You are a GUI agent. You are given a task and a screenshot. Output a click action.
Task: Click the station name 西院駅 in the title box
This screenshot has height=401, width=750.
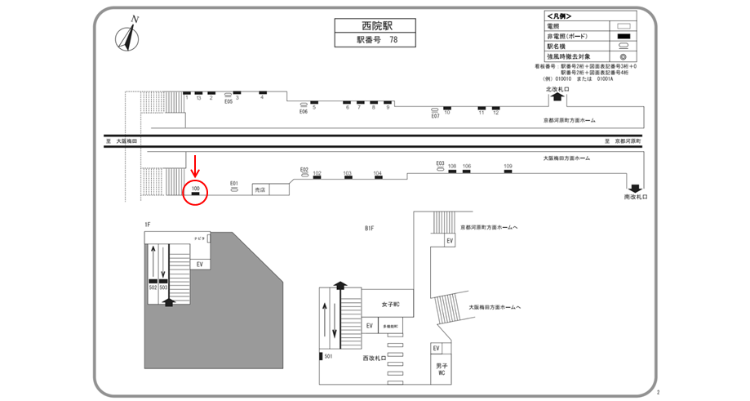point(370,25)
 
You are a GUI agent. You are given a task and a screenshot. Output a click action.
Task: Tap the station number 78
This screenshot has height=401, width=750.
point(393,39)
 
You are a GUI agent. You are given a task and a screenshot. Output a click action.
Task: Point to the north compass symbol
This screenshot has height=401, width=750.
point(128,36)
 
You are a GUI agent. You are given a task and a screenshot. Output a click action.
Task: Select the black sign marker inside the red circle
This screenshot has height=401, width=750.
point(196,194)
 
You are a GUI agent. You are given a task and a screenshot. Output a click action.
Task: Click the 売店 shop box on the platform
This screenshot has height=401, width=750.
point(260,189)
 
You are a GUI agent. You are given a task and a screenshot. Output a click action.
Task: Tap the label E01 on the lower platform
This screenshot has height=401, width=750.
point(233,183)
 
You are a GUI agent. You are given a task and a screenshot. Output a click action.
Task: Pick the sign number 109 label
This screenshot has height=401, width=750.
point(508,167)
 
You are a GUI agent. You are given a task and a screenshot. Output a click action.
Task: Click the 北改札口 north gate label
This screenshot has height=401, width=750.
point(557,88)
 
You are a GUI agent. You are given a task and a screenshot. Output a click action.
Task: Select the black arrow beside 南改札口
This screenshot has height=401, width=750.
point(635,187)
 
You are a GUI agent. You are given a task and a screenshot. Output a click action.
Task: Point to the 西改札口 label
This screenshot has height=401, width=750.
point(375,358)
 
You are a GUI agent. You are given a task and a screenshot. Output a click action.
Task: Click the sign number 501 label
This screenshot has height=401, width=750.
point(329,356)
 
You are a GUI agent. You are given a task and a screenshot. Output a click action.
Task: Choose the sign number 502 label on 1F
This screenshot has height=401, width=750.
point(153,287)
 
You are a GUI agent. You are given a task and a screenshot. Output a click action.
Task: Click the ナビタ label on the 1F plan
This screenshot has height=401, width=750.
point(198,238)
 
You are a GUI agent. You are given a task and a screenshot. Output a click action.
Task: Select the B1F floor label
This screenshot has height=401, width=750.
point(370,229)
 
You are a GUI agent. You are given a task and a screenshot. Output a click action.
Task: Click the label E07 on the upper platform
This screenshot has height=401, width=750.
point(436,116)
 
